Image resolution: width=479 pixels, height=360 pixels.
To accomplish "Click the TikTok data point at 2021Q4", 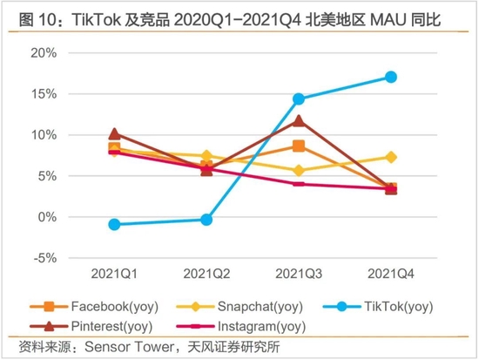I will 391,77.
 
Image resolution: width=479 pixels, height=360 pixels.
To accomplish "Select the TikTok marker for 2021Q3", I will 299,98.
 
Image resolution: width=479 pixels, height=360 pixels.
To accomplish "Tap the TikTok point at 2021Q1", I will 114,224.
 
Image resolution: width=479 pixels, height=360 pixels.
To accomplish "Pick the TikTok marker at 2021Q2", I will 206,220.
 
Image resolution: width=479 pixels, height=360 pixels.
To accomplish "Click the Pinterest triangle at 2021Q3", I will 299,120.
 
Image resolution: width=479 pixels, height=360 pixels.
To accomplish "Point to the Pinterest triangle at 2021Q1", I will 114,133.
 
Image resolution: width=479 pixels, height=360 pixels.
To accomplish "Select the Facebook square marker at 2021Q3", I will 299,146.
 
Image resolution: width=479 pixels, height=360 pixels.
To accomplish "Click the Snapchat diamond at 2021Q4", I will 391,157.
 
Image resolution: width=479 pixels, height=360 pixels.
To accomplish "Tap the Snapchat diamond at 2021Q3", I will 299,171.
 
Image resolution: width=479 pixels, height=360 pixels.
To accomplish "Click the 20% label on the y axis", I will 44,52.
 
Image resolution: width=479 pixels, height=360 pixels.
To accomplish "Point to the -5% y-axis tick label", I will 44,258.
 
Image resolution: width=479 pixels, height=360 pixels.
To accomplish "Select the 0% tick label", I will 46,217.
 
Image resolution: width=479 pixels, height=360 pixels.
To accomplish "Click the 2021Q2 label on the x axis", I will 206,274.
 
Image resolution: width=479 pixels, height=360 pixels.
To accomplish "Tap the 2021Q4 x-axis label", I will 391,274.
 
